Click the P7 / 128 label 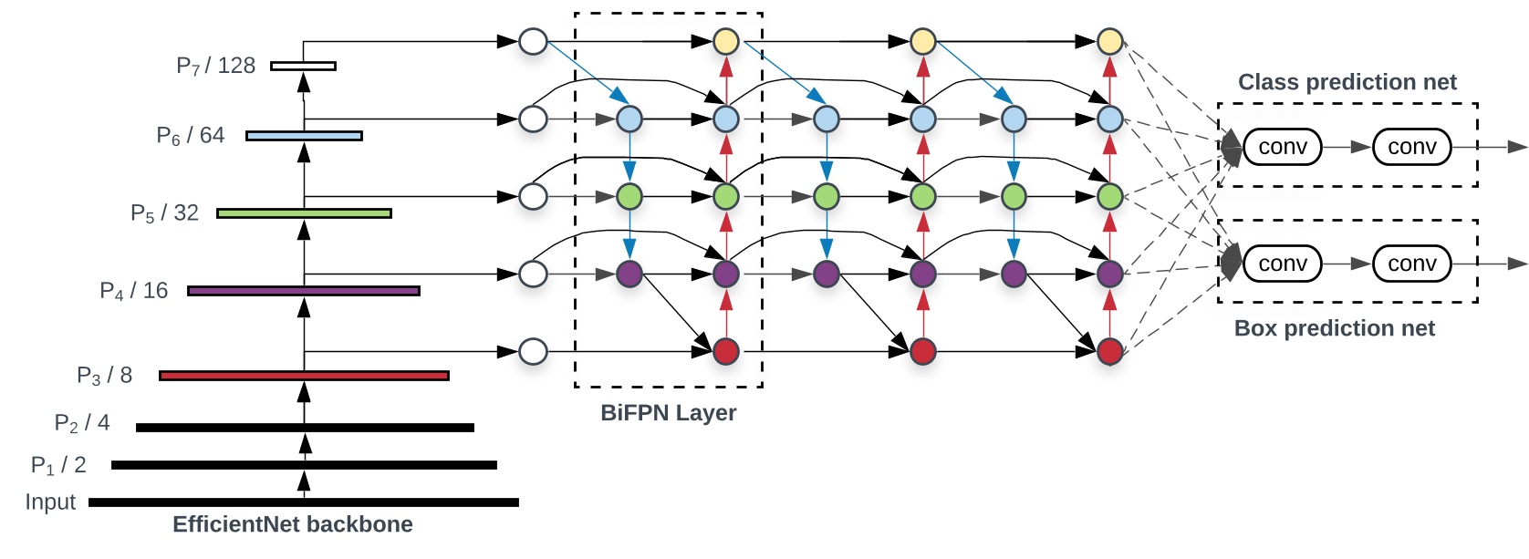coord(215,66)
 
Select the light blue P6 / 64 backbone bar coord(304,136)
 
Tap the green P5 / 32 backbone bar coord(304,213)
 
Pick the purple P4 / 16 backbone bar coord(304,291)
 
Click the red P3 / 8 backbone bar coord(304,376)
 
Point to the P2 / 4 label coord(82,423)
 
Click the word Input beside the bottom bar coord(50,502)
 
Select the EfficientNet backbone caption coord(292,524)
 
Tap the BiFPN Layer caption coord(668,413)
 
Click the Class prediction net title coord(1347,82)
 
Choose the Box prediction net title coord(1334,328)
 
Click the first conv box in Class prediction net coord(1282,147)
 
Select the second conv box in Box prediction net coord(1411,264)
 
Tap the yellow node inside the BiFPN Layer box coord(725,41)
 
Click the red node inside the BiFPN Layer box coord(725,351)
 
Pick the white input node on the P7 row coord(533,41)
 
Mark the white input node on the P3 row coord(533,351)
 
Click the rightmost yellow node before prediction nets coord(1109,41)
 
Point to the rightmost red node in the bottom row coord(1109,351)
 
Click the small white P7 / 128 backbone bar coord(304,66)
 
